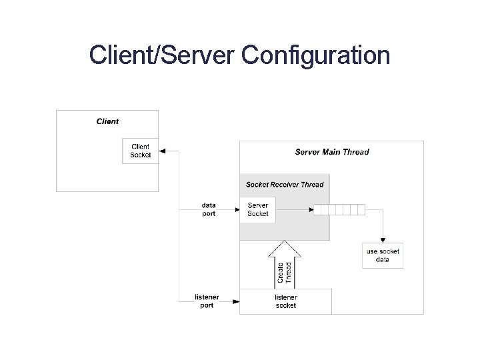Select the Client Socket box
[x=141, y=151]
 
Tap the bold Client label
[x=107, y=121]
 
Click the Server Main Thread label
[x=332, y=152]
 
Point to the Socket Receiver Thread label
[x=285, y=185]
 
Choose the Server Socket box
[x=257, y=209]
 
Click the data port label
[x=209, y=209]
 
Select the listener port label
[x=207, y=301]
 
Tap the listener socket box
[x=285, y=301]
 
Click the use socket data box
[x=383, y=255]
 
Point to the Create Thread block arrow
[x=285, y=263]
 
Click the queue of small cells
[x=339, y=210]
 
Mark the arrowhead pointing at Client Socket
[x=164, y=151]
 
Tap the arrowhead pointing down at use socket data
[x=383, y=239]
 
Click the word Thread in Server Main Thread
[x=357, y=152]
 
